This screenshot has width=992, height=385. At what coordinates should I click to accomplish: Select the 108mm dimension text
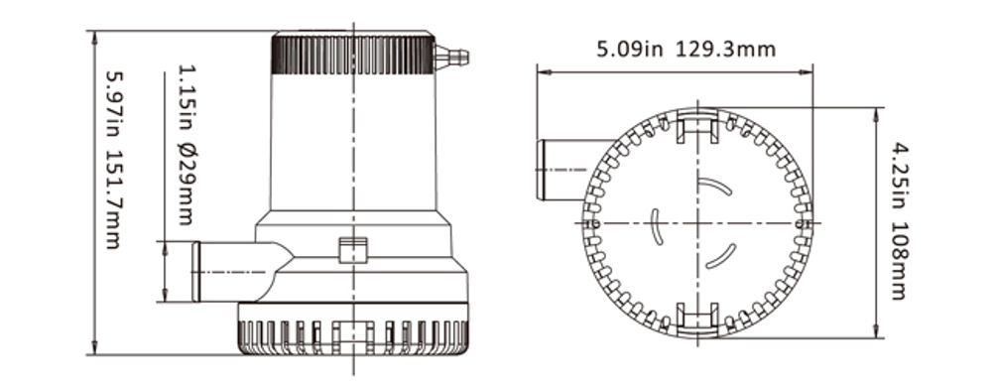pos(898,266)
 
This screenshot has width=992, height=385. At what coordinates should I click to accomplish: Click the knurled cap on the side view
pos(352,55)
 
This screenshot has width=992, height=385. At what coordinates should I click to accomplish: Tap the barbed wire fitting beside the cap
pos(451,57)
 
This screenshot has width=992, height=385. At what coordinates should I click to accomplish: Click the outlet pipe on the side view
pos(228,271)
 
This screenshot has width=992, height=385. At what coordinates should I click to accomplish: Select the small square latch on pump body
pos(353,250)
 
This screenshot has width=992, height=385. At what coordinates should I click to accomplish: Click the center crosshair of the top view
pos(698,222)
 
